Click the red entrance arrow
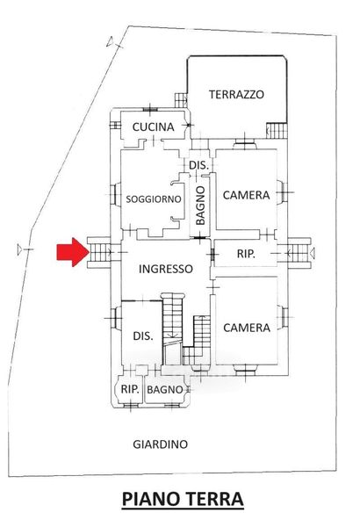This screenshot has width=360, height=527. point(73,252)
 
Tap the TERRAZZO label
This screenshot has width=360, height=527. point(237,95)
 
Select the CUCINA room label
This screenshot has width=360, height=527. point(154,127)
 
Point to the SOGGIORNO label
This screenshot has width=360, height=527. point(154,199)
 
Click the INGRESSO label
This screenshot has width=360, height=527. point(166,269)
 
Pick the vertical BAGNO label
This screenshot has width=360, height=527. point(200,206)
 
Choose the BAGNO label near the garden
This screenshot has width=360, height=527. point(165,389)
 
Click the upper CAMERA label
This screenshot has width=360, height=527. point(247,195)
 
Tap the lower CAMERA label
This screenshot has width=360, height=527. point(247,328)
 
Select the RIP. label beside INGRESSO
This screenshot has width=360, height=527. point(246,254)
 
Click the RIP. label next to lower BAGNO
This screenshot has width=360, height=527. point(130,389)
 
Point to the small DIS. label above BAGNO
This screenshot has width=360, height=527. point(199,165)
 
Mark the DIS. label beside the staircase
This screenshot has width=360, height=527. point(143,336)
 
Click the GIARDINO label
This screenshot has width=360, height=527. point(161,444)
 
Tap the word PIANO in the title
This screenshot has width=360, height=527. point(152,499)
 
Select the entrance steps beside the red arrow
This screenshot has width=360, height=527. point(98,252)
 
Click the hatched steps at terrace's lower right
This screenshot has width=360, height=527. point(277,130)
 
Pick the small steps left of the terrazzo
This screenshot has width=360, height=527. point(181,100)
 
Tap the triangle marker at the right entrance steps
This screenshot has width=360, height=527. point(312,253)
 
